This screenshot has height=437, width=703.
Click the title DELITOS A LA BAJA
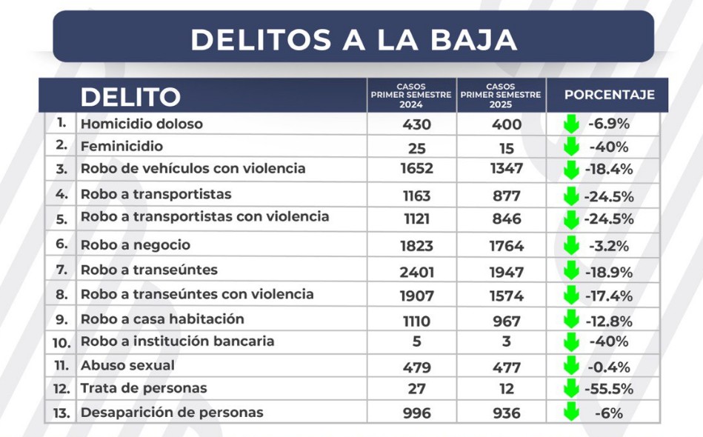pos(353,39)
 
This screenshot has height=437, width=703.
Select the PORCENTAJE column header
pos(609,95)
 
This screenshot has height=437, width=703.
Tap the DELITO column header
pos(130,96)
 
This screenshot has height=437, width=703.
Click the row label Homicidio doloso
pos(141,124)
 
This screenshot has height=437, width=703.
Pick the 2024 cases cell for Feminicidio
pos(416,147)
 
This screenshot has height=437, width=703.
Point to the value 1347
pos(507,169)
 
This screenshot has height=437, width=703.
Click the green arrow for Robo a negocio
pos(571,244)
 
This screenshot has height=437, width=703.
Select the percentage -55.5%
pos(609,389)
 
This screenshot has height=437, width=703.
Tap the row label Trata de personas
pos(144,388)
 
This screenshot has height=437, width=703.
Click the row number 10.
pos(61,342)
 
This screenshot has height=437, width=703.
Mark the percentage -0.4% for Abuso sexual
pos(609,367)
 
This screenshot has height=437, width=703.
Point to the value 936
pos(507,413)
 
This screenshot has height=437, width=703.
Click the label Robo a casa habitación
pos(162,318)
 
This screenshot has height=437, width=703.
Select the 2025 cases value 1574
pos(507,296)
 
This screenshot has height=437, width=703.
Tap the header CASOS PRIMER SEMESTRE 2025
pos(502,96)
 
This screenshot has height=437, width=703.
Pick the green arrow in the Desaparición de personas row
pos(571,413)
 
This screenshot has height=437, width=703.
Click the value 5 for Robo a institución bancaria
pos(416,342)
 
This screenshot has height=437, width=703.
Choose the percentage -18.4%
pos(609,169)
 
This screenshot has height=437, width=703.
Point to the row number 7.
pos(62,270)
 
